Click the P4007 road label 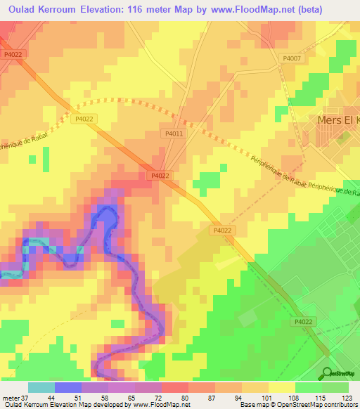coord(291,58)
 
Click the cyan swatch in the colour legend coord(41,387)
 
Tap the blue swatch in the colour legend coord(68,387)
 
